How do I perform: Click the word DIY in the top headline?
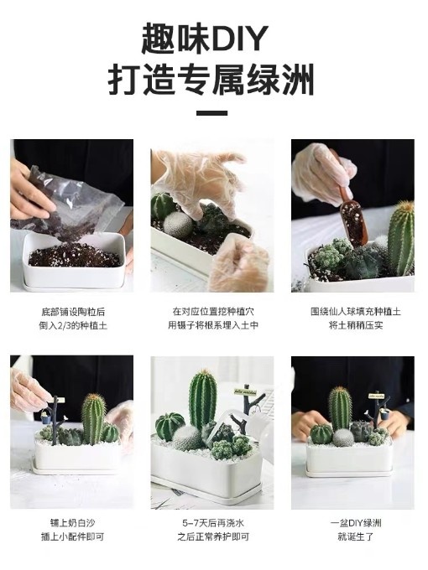pyautogui.click(x=240, y=38)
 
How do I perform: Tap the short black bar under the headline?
pyautogui.click(x=211, y=113)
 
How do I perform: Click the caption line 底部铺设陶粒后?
pyautogui.click(x=73, y=312)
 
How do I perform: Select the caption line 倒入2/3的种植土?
pyautogui.click(x=73, y=325)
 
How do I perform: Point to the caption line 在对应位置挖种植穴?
pyautogui.click(x=213, y=312)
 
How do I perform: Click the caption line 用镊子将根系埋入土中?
pyautogui.click(x=213, y=325)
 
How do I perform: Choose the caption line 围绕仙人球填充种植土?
pyautogui.click(x=356, y=312)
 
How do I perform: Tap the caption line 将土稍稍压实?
pyautogui.click(x=356, y=325)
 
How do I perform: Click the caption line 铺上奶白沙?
pyautogui.click(x=73, y=523)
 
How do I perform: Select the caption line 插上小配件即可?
pyautogui.click(x=73, y=536)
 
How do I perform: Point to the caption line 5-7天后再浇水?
pyautogui.click(x=213, y=523)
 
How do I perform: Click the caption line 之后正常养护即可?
pyautogui.click(x=213, y=536)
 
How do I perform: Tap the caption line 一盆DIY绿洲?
pyautogui.click(x=356, y=523)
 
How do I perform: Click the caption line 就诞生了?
pyautogui.click(x=356, y=536)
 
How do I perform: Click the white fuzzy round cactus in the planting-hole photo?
pyautogui.click(x=178, y=225)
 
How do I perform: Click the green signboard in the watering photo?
pyautogui.click(x=245, y=392)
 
